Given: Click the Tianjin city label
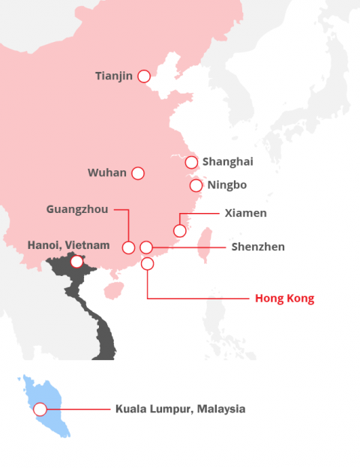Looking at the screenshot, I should click(x=114, y=76).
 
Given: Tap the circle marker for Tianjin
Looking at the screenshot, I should click(x=144, y=76).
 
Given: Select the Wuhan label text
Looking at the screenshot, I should click(x=106, y=173).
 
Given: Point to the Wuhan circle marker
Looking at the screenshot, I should click(x=138, y=173).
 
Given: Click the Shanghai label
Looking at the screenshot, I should click(x=227, y=162).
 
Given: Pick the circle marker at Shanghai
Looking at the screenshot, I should click(x=191, y=162).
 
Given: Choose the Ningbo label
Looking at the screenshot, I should click(x=228, y=185).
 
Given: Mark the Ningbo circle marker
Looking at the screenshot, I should click(x=196, y=185).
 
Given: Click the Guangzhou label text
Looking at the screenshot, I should click(x=77, y=209).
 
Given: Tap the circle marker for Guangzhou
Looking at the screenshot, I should click(x=129, y=247).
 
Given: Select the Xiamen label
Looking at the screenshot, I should click(x=245, y=213).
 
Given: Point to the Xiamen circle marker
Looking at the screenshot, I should click(x=180, y=230).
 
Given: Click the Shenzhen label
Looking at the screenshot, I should click(x=258, y=247).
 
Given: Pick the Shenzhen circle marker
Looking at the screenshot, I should click(x=147, y=247).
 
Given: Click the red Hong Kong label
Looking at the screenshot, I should click(x=284, y=298).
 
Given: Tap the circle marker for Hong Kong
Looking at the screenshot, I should click(x=147, y=263).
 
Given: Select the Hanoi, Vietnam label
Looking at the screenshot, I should click(x=68, y=245).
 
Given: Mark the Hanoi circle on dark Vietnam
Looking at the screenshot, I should click(x=76, y=262).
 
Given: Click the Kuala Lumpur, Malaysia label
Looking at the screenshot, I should click(x=180, y=409).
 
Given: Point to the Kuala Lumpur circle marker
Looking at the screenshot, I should click(x=40, y=409).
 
